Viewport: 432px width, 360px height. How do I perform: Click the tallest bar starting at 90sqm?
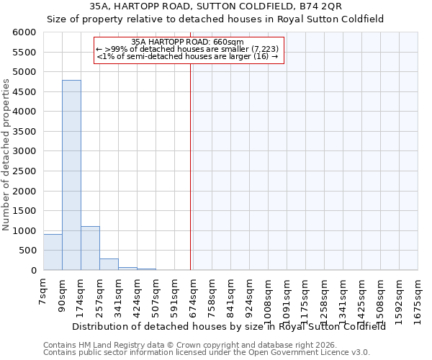[71, 175]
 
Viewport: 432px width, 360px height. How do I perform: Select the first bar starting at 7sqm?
[53, 252]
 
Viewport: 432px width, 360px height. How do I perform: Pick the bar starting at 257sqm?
[109, 264]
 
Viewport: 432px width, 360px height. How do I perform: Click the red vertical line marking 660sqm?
[190, 166]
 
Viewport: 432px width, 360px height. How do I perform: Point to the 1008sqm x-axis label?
[269, 297]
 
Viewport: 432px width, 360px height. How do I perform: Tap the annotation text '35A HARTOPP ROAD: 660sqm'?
[188, 42]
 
